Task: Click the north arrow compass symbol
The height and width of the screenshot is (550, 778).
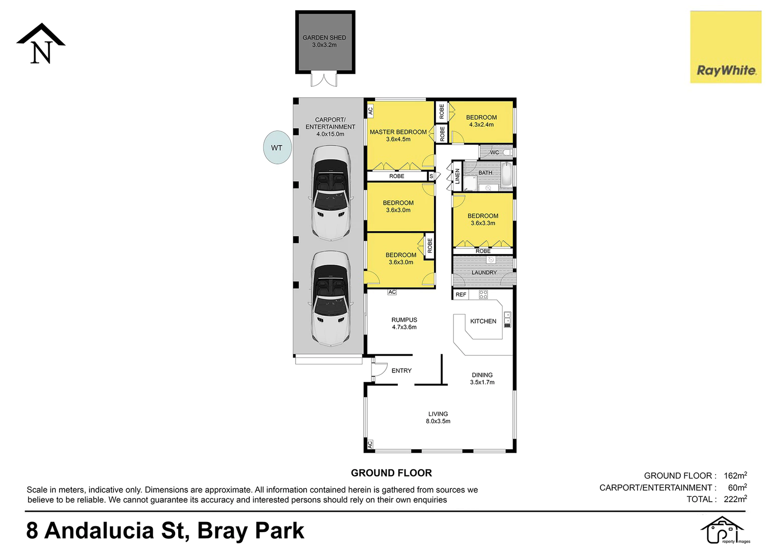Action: click(x=41, y=43)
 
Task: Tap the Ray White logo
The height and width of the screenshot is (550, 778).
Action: click(x=726, y=47)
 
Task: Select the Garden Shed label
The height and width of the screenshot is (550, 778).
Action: click(x=324, y=38)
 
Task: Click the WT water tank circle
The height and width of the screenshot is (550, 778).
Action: click(x=277, y=147)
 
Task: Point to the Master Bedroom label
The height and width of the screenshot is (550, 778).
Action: click(x=398, y=132)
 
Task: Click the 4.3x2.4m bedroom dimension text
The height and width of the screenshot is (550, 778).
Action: click(x=481, y=124)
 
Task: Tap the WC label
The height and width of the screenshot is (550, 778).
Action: click(x=494, y=152)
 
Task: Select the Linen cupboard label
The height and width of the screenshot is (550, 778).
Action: click(x=457, y=176)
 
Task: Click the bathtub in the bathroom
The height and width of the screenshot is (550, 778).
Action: click(x=506, y=174)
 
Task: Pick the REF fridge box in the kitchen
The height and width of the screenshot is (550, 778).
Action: click(x=460, y=294)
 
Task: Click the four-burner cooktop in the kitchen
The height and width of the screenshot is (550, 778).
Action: click(x=483, y=294)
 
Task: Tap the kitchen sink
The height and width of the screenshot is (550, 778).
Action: click(x=507, y=319)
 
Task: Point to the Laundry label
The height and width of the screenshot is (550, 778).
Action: click(x=484, y=272)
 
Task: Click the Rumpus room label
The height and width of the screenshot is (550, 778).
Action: click(x=405, y=319)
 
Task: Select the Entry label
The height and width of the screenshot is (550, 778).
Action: click(x=401, y=371)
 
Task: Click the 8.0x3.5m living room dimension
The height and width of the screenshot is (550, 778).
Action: click(x=438, y=421)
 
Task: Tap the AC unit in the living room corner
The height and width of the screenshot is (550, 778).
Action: click(x=370, y=444)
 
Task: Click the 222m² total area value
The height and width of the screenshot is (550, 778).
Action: click(x=735, y=499)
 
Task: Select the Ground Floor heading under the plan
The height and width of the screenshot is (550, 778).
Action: click(x=391, y=473)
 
